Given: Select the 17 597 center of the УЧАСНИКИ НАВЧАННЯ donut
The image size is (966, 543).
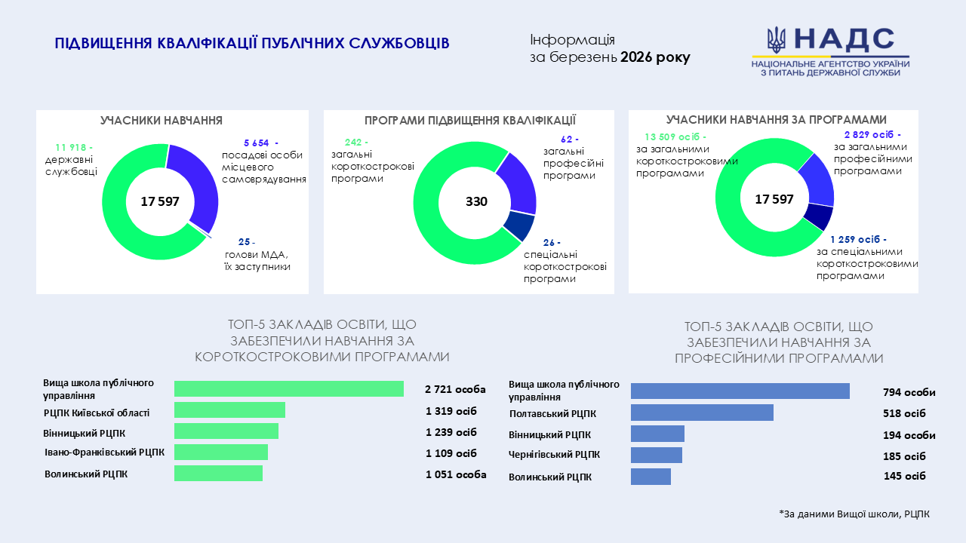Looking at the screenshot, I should click(x=159, y=201).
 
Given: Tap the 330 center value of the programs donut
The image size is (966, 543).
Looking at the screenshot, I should click(x=476, y=201).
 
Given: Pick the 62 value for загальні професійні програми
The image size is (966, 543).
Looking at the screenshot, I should click(x=570, y=139).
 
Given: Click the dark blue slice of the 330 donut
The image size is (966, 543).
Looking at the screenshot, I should click(x=519, y=225).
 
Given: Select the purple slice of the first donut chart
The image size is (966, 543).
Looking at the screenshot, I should click(x=202, y=185).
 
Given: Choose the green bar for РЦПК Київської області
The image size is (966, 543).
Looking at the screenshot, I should click(x=229, y=410).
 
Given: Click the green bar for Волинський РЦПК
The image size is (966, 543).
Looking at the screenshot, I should click(x=218, y=473).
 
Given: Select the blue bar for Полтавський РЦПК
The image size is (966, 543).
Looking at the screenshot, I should click(x=702, y=413).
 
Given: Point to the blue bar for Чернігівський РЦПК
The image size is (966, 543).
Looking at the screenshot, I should click(x=656, y=455).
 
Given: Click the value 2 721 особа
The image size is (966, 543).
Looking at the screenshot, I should click(x=455, y=389).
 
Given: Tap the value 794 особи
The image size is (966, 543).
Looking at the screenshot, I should click(x=909, y=392).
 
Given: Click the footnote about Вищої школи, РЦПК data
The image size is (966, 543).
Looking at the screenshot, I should click(x=854, y=514).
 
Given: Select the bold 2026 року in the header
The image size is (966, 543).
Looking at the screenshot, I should click(x=655, y=57).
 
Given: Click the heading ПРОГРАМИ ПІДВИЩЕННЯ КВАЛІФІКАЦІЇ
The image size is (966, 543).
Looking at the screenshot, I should click(x=469, y=120).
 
